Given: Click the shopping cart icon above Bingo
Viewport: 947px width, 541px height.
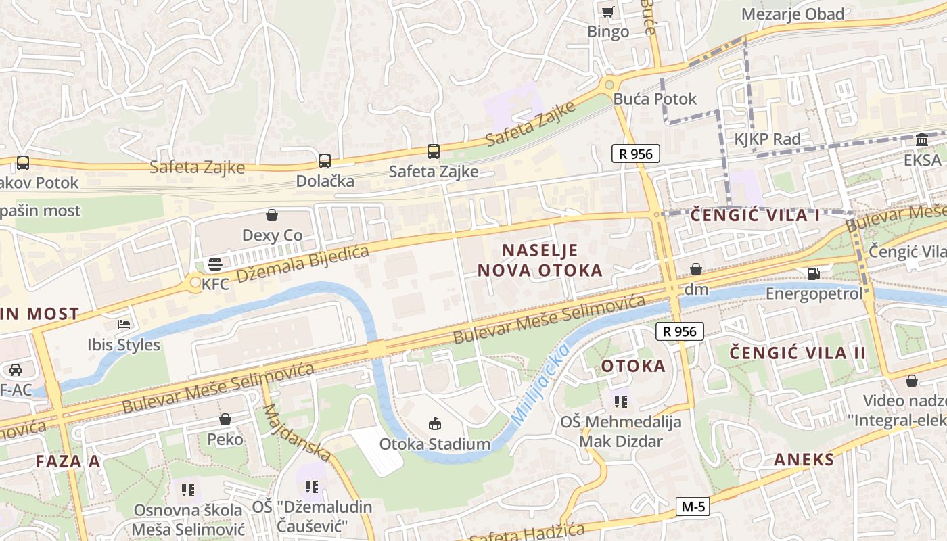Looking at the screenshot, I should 607,11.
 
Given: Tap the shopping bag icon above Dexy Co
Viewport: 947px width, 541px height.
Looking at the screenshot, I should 272,215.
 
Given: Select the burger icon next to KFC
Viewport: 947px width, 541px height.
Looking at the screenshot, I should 215,264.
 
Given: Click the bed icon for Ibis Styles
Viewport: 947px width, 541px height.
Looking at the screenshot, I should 123,325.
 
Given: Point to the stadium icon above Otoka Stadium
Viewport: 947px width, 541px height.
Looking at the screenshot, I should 434,424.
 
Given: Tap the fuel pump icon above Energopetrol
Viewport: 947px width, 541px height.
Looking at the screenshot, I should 813,274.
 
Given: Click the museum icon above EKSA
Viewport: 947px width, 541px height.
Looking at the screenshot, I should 921,140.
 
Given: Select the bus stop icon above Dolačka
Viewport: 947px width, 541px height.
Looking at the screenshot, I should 325,161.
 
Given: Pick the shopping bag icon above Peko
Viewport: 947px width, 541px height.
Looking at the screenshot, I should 225,420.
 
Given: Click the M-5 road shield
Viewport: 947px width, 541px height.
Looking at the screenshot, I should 693,507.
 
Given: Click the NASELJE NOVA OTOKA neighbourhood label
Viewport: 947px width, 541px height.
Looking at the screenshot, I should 540,260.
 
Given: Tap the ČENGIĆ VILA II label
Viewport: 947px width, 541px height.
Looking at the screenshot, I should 798,352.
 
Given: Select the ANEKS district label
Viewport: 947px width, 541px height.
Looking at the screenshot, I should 804,460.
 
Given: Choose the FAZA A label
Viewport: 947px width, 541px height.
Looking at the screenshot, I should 68,461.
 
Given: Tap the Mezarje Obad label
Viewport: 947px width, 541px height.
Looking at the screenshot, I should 793,14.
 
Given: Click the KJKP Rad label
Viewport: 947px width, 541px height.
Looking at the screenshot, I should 767,139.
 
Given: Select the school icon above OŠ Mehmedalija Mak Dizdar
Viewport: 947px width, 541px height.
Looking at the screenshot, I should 621,402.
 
